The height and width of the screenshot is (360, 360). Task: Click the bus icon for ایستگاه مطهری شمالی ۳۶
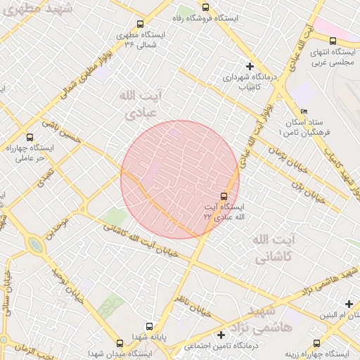coord(140,24)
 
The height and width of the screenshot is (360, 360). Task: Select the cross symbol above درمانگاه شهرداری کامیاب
coord(250,65)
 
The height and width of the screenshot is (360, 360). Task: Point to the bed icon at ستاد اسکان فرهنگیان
coord(304,111)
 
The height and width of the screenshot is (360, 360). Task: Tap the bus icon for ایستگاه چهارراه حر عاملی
coord(29,137)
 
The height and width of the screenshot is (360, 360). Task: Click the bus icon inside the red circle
coord(224,195)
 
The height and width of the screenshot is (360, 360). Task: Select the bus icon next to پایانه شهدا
coord(148,326)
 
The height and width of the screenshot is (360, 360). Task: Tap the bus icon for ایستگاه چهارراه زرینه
coord(316,343)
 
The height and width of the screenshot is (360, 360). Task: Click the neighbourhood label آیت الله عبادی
coord(141,103)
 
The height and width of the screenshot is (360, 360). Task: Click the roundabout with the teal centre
coord(34,245)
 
